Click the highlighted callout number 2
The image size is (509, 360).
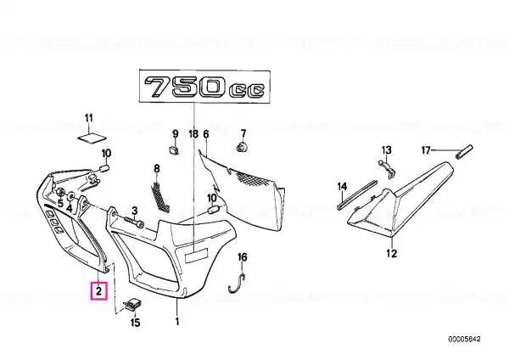tap(98, 290)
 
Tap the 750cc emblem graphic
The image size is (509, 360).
tap(205, 87)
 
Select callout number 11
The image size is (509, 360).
tap(89, 118)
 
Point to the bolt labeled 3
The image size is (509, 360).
tap(133, 222)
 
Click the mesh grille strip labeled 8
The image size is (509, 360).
tap(160, 197)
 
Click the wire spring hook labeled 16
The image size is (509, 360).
tap(238, 284)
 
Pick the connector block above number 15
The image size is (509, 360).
tap(133, 306)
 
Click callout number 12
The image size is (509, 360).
tap(391, 253)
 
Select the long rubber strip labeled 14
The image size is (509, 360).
tap(357, 194)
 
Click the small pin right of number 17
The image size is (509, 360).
tap(464, 151)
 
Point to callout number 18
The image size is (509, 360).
tap(193, 133)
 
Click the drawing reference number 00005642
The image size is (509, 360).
tap(464, 340)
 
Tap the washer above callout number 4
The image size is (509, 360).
tap(70, 196)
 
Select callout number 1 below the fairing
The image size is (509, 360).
tap(177, 322)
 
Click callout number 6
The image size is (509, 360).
tap(205, 133)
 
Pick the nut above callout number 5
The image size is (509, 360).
tap(60, 192)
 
